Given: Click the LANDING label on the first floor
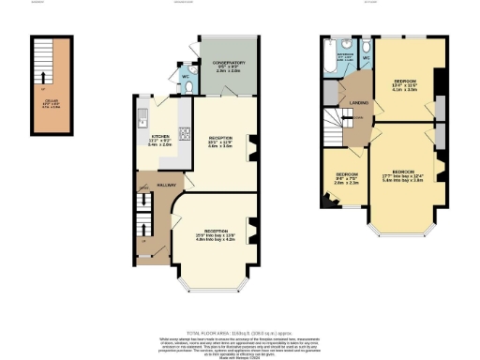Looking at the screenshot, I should pos(356,101).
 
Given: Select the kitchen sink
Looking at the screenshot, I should pos(142,118).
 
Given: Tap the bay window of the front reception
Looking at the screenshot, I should pos(216,277).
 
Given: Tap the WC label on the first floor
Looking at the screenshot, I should pos(367,58).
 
